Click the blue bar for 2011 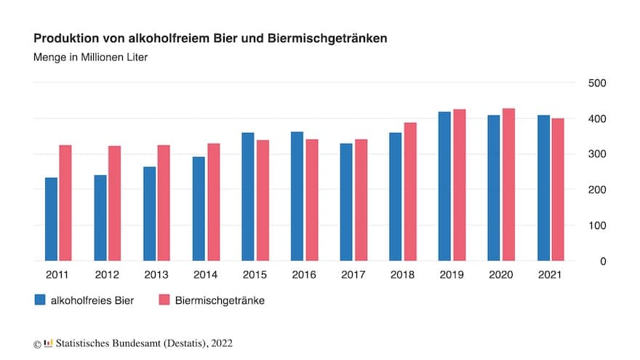(51, 219)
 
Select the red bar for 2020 (508, 185)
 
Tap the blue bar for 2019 (444, 186)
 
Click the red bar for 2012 (115, 204)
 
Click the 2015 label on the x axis (254, 275)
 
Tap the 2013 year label (156, 275)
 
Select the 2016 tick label (303, 275)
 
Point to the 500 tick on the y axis (596, 83)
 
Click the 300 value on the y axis (596, 154)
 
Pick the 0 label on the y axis (603, 261)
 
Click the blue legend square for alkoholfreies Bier (41, 300)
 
